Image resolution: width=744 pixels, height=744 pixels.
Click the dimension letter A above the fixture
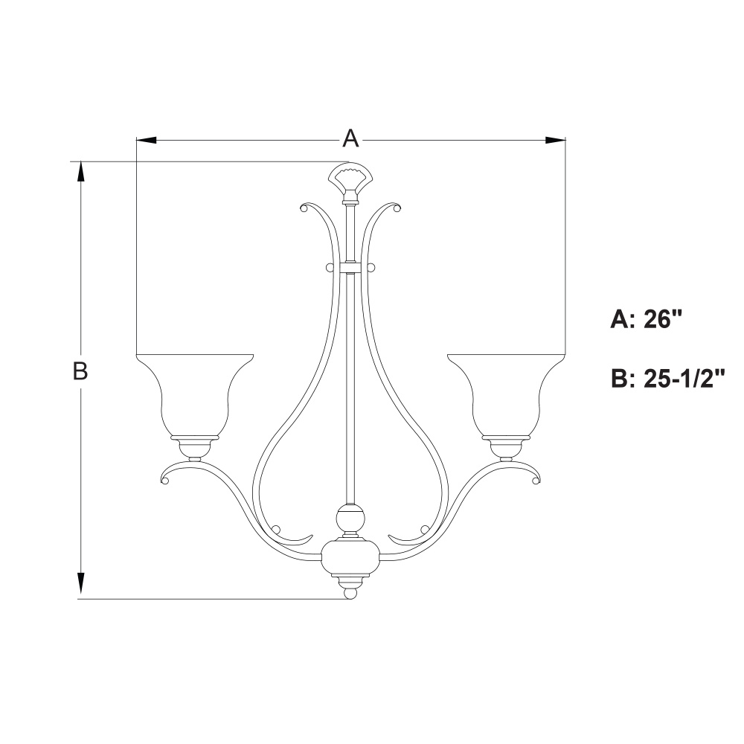tap(350, 138)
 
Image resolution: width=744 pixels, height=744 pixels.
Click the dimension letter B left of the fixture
tap(80, 371)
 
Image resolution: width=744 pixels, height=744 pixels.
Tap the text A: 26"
tap(647, 320)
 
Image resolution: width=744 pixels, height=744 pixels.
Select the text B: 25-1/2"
tap(668, 379)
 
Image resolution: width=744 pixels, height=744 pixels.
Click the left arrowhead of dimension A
tap(146, 140)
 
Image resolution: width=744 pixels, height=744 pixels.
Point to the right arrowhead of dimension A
tap(556, 140)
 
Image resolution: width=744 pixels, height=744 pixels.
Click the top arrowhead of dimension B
tap(80, 172)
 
